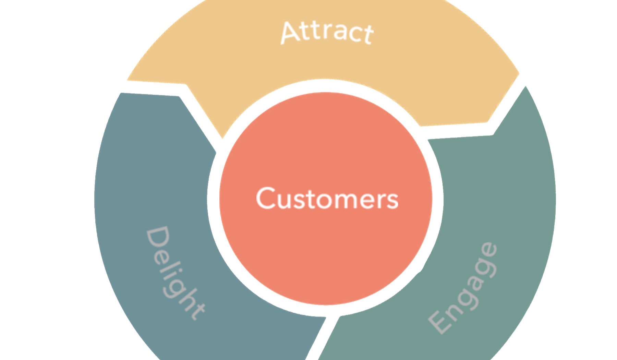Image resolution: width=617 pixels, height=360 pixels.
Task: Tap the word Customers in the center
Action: click(x=327, y=198)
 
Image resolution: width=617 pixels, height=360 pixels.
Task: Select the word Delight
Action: click(x=175, y=273)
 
